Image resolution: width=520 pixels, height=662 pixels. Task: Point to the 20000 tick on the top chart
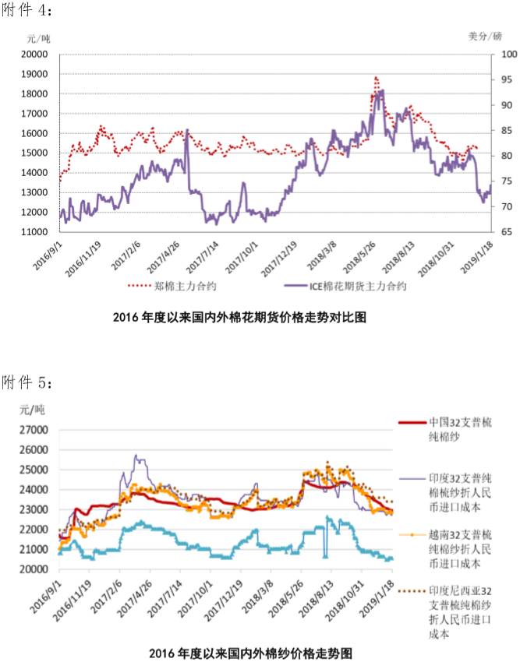tap(35, 55)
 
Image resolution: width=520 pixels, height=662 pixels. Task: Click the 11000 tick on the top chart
tap(35, 232)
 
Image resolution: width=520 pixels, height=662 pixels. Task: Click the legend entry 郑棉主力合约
tap(182, 286)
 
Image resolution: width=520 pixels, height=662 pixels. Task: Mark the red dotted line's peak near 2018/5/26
tap(376, 78)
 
